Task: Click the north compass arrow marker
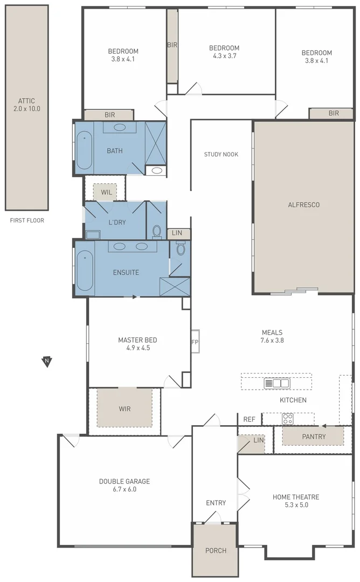47,362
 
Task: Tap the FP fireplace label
195,342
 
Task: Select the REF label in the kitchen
249,419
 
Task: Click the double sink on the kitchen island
276,383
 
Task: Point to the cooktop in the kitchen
288,418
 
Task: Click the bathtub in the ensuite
85,268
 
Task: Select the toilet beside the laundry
157,231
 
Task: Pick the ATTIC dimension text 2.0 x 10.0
27,108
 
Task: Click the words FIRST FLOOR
27,220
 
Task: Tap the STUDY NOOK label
221,155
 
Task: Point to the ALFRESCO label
304,205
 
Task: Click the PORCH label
216,550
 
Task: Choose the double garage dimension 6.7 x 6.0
124,489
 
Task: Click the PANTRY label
314,436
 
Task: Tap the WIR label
124,408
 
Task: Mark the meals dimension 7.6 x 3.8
272,340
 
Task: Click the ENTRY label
216,503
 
